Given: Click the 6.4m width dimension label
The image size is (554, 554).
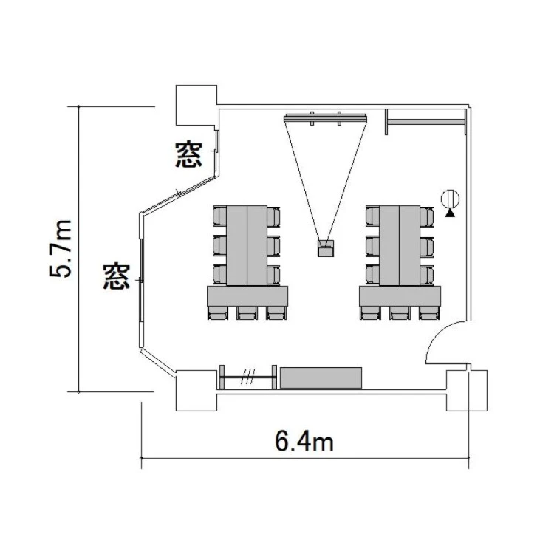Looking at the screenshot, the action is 304,442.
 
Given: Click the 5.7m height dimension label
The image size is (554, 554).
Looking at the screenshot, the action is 61,249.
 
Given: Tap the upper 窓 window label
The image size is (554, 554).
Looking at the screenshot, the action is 189,155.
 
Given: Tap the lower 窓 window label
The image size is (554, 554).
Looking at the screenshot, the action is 117,277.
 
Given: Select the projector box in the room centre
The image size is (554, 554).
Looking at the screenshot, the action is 326,248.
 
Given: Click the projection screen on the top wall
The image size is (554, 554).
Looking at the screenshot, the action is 325,117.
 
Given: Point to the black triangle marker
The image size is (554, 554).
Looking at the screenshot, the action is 450,213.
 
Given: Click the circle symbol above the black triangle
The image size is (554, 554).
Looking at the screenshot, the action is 450,199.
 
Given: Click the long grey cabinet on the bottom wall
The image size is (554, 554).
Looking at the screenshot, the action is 321,377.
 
